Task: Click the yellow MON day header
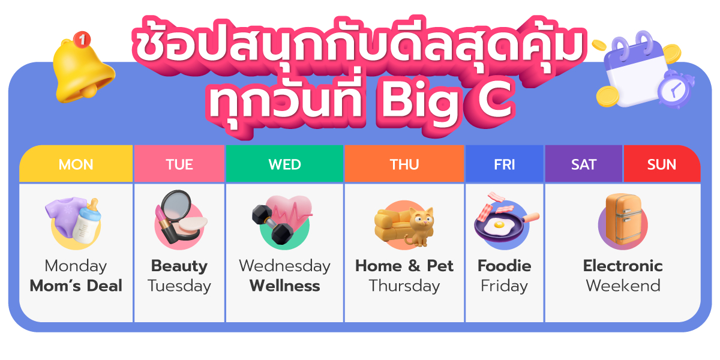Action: [x=76, y=164]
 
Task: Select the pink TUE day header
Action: [x=179, y=164]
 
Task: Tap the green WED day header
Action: [x=284, y=164]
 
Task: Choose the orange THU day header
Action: [x=404, y=164]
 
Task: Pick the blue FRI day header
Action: [x=505, y=164]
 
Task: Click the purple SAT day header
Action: [x=584, y=164]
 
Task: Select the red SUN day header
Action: [x=661, y=164]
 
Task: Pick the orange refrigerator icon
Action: [x=622, y=221]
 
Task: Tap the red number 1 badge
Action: [x=82, y=40]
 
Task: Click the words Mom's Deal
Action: [x=76, y=286]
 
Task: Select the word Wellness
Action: [x=284, y=286]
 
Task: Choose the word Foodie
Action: [x=505, y=266]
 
